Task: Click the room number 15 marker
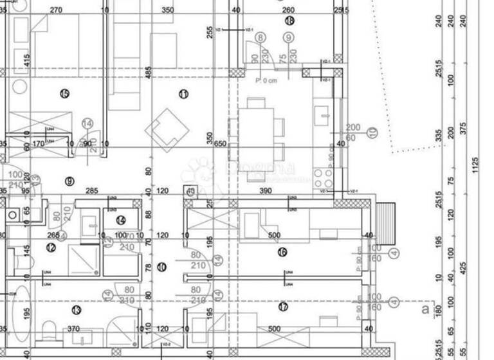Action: pyautogui.click(x=64, y=94)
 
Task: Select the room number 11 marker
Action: pyautogui.click(x=183, y=94)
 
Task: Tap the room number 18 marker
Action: pyautogui.click(x=289, y=21)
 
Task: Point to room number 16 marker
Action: pyautogui.click(x=282, y=252)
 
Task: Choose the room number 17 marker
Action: pyautogui.click(x=283, y=307)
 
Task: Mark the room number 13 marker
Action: pyautogui.click(x=77, y=310)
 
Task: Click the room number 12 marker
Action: pyautogui.click(x=51, y=248)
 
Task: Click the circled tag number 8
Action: pyautogui.click(x=261, y=38)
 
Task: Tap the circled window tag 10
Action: pyautogui.click(x=371, y=132)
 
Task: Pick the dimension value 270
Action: pyautogui.click(x=56, y=10)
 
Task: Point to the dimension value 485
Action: pyautogui.click(x=149, y=73)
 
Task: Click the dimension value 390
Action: pyautogui.click(x=264, y=191)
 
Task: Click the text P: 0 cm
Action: pyautogui.click(x=266, y=81)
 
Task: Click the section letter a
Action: pyautogui.click(x=423, y=310)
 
